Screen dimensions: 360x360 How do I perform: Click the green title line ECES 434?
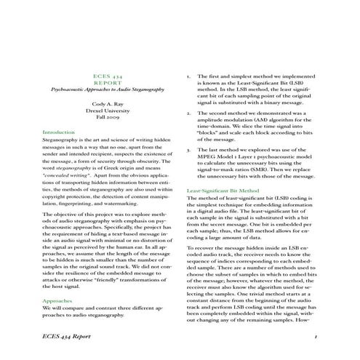(111, 76)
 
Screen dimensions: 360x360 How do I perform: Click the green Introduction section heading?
(64, 133)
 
